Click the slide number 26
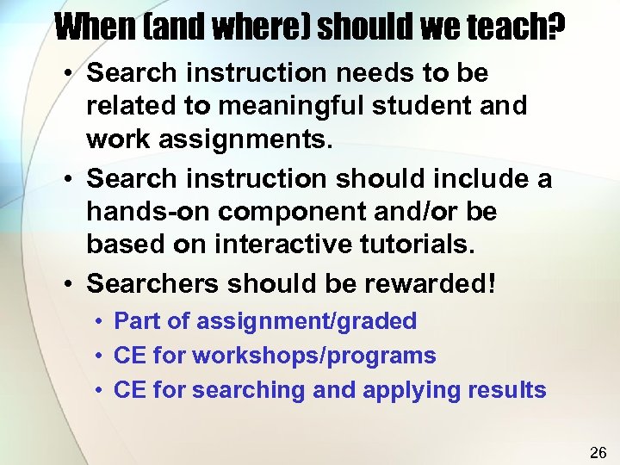click(598, 452)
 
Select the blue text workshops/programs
click(314, 356)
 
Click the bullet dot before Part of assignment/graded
click(101, 321)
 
